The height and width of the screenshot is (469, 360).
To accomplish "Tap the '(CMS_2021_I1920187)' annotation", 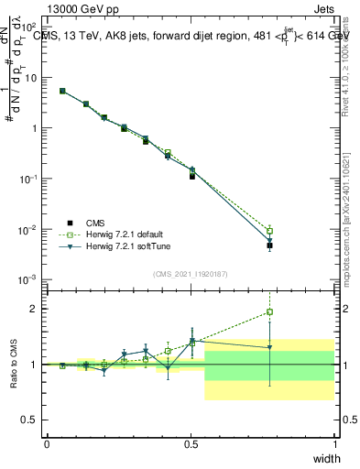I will click(x=191, y=272).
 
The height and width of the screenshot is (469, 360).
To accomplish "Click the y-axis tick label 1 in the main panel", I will click(x=35, y=128).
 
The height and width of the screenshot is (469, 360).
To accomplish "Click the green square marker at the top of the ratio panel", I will click(x=269, y=312).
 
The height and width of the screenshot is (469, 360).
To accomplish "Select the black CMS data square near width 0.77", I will click(x=269, y=245).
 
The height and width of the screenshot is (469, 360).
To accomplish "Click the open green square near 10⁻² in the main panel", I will click(x=269, y=231).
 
